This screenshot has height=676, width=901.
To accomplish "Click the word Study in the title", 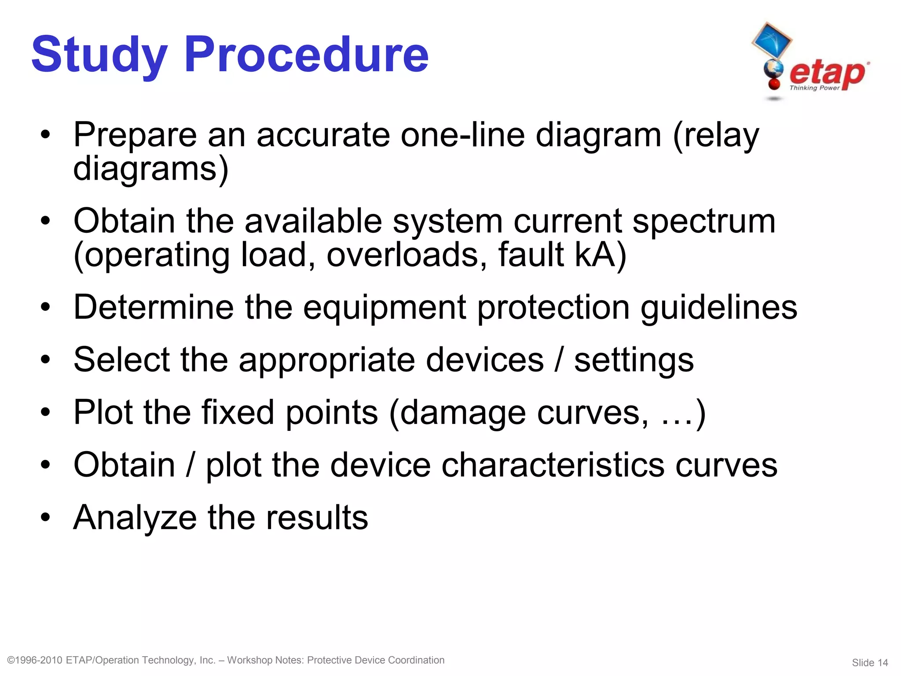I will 99,55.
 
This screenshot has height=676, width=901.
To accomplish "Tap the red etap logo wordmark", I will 827,73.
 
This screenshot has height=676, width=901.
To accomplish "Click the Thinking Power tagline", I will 814,88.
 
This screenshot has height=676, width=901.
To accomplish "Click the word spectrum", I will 704,221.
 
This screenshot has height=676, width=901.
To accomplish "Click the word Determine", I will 154,307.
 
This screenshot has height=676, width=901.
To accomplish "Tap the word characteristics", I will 553,465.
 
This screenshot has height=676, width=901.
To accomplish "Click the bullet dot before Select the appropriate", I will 45,360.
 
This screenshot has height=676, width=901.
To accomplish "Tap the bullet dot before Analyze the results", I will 45,518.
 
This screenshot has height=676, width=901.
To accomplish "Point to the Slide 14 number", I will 869,662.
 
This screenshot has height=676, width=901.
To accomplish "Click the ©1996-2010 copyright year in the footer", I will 35,660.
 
